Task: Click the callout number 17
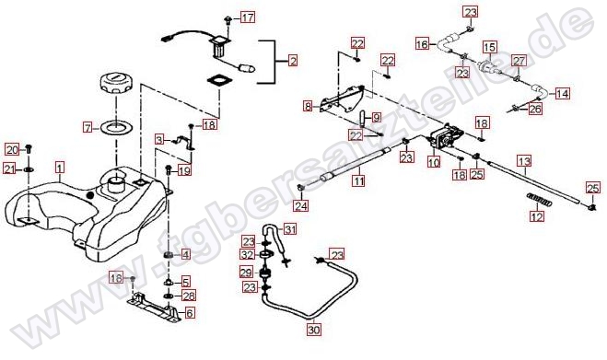click(x=248, y=17)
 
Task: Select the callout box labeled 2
click(x=293, y=61)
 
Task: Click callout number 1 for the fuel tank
click(x=59, y=168)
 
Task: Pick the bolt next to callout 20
click(x=29, y=148)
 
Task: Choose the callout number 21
click(x=10, y=168)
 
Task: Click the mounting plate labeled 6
click(x=155, y=308)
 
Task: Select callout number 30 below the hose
click(x=314, y=331)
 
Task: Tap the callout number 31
click(x=290, y=229)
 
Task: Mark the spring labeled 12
click(x=539, y=200)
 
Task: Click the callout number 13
click(x=524, y=161)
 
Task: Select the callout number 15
click(x=490, y=48)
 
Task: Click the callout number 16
click(x=423, y=44)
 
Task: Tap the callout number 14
click(x=563, y=93)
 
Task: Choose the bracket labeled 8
click(x=342, y=99)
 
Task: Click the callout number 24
click(x=301, y=205)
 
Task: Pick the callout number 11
click(x=359, y=180)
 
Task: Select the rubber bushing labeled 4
click(x=169, y=255)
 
